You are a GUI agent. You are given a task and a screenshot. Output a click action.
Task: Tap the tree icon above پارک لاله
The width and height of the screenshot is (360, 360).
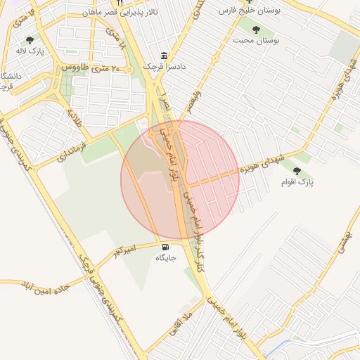[29, 41]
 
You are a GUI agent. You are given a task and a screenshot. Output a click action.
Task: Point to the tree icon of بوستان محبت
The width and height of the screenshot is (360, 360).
[255, 30]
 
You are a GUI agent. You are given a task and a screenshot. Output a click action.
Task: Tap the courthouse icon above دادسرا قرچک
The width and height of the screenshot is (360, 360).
[165, 56]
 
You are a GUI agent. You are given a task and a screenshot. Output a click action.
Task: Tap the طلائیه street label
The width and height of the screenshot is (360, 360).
[75, 118]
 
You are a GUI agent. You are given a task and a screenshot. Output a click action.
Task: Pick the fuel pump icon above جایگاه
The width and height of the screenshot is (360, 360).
[165, 247]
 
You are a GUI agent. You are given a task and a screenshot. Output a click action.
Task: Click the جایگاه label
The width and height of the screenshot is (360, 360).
[165, 258]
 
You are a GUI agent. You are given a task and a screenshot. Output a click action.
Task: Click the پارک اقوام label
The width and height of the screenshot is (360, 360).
[297, 182]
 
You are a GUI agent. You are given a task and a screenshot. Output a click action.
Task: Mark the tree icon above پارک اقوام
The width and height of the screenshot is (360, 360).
[297, 171]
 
